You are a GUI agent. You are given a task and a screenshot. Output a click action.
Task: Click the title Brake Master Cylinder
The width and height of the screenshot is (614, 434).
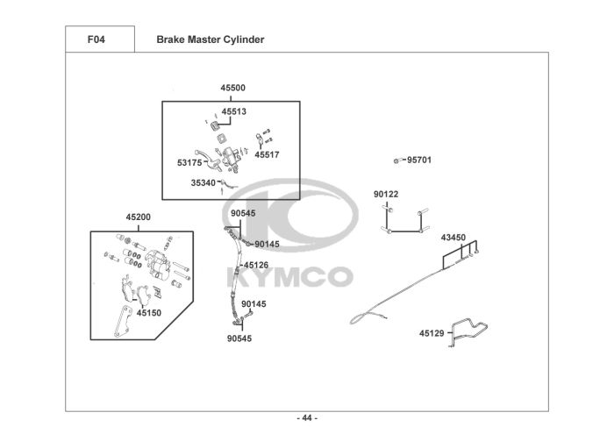coord(210,39)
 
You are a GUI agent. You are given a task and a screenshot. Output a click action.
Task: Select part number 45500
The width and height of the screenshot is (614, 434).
coord(232,88)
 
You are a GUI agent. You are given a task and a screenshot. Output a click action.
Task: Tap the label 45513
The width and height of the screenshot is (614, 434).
coord(234,111)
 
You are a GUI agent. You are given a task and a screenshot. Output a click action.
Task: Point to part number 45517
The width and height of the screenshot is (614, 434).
coord(268,154)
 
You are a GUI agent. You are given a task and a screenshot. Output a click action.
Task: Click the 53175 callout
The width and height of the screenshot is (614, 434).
coord(189,162)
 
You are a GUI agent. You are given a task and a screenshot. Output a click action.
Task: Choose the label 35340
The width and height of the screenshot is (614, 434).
coord(203,182)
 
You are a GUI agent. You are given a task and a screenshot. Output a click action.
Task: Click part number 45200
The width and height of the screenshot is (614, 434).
coord(139,217)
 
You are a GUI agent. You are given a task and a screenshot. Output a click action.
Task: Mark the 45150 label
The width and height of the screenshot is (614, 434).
coord(148,312)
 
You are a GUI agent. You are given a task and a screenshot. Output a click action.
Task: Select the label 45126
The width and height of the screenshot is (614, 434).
coord(256,265)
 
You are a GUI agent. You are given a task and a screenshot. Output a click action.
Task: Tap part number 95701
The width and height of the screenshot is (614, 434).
coord(419,160)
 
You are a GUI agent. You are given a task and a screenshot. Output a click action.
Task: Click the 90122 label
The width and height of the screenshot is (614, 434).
coord(386,194)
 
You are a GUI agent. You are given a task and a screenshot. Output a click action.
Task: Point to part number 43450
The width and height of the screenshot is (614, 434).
coord(453,237)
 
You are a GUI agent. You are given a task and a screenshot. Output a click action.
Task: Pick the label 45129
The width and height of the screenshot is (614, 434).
coord(432,333)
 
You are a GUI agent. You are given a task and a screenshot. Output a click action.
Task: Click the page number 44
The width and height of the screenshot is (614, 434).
coord(307,417)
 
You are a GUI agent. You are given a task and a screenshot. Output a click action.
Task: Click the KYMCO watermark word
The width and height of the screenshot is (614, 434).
coord(290,277)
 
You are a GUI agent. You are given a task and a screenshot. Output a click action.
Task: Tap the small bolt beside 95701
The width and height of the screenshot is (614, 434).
coord(398,160)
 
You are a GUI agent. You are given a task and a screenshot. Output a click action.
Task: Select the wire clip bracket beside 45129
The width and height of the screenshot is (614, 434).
coord(469,333)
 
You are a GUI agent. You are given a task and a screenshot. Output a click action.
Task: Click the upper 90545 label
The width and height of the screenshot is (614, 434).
coord(243,213)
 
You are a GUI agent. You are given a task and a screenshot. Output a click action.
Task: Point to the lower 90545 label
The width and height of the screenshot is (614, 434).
coord(239,338)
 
